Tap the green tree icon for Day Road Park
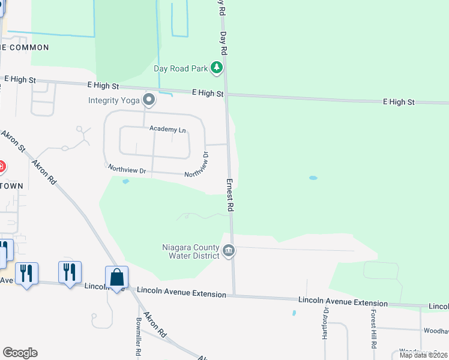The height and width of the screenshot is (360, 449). pos(217,68)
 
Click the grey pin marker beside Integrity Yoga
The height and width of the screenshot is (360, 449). pos(148,99)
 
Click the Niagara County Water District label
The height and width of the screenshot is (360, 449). pos(191,250)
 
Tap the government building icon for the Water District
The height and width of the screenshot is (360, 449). pos(228,250)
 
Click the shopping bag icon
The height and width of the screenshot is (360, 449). pos(116,277)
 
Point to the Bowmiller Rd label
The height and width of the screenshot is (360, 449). pos(139,337)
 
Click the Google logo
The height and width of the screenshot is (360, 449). pos(20,353)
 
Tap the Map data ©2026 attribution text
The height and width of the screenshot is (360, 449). pos(423,355)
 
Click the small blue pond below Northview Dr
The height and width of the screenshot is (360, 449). pos(125,181)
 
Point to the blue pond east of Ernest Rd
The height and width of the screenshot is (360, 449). pos(313,178)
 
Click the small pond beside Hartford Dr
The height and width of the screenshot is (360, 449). pos(294,313)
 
